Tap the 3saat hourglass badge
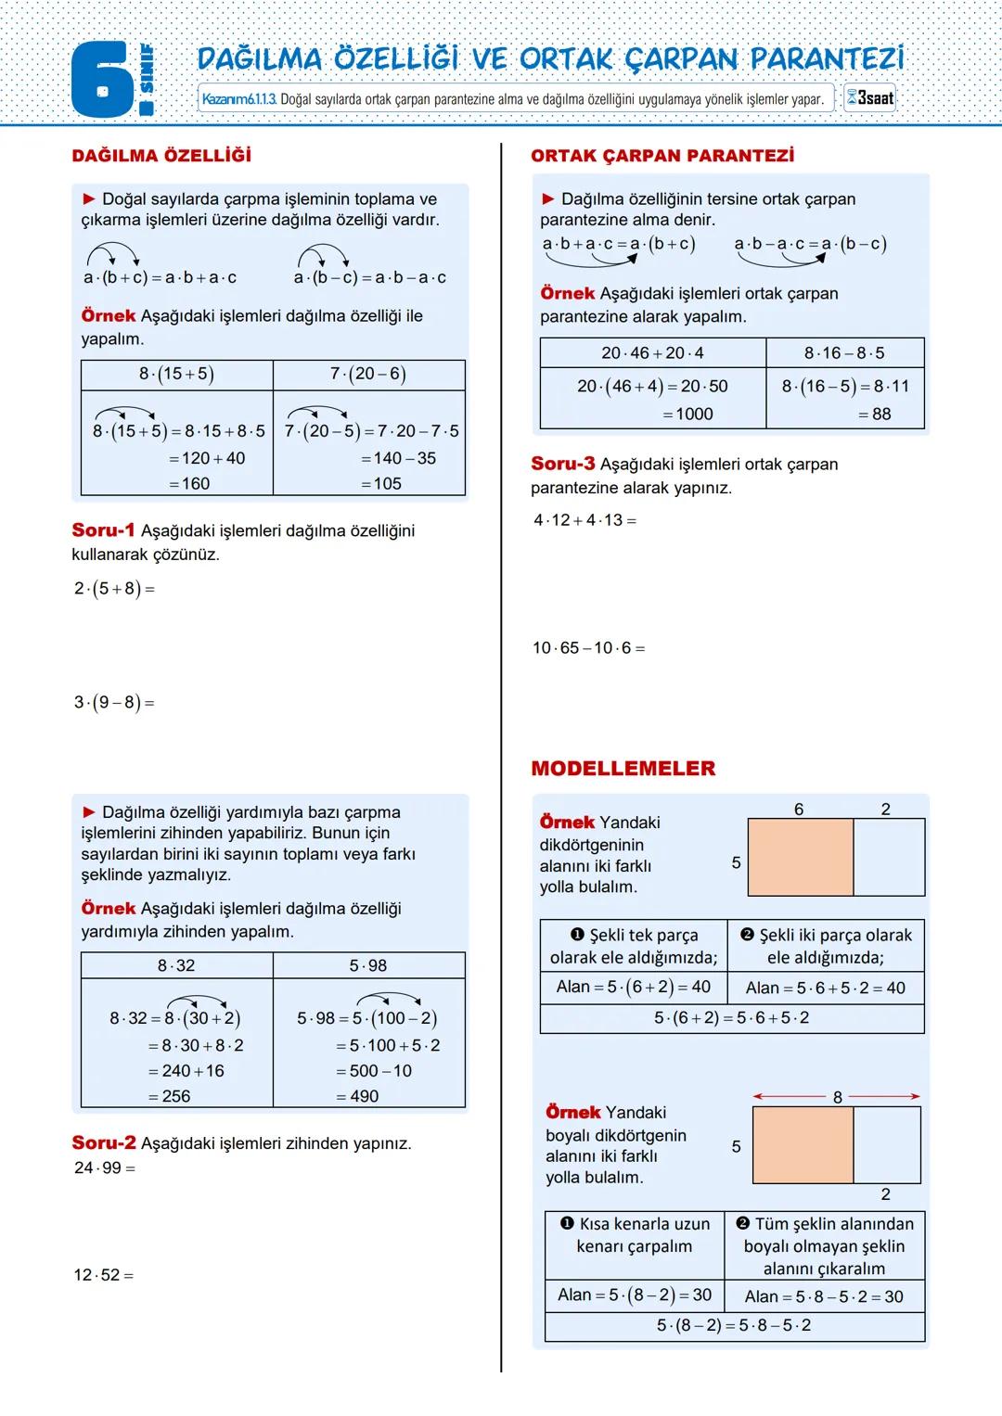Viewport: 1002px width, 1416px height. point(869,98)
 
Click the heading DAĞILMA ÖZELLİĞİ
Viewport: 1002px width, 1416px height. point(161,156)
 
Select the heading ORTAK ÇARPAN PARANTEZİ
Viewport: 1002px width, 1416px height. point(662,156)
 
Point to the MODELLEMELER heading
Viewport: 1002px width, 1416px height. point(623,769)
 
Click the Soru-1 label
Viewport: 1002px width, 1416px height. point(103,530)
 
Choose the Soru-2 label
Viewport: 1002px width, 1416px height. point(103,1143)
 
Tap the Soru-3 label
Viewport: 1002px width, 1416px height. point(562,464)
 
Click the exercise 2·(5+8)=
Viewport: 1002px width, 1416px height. point(114,589)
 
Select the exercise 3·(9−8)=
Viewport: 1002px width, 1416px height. point(114,703)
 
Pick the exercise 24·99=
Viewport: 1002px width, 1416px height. point(105,1168)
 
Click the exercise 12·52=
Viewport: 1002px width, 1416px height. point(104,1275)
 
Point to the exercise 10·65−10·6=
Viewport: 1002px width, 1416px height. point(588,648)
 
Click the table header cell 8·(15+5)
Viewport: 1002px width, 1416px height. point(176,375)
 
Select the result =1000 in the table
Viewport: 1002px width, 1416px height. point(687,415)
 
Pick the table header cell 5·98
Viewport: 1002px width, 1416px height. point(368,966)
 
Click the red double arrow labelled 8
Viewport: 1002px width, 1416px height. point(837,1097)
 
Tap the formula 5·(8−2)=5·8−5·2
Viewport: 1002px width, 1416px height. point(734,1326)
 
